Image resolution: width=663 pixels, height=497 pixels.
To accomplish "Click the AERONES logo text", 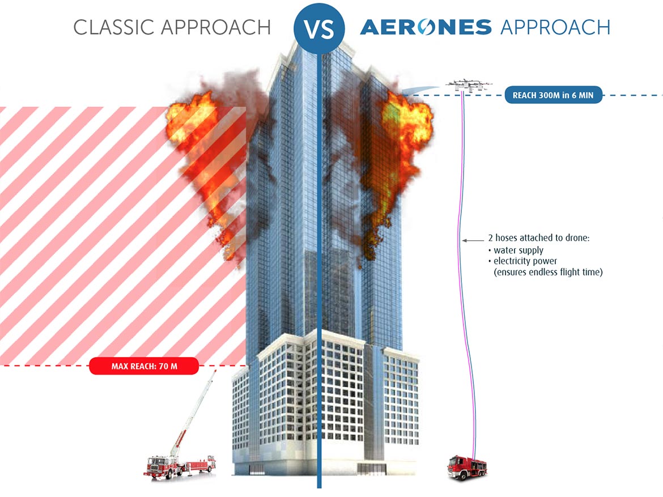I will (426, 27).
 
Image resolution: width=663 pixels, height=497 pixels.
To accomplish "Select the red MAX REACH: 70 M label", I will (144, 366).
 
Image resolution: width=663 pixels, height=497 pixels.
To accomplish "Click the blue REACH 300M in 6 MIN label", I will (553, 95).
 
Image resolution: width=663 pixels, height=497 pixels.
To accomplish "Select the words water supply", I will (518, 250).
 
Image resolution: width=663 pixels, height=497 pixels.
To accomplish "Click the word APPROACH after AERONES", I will (555, 27).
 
